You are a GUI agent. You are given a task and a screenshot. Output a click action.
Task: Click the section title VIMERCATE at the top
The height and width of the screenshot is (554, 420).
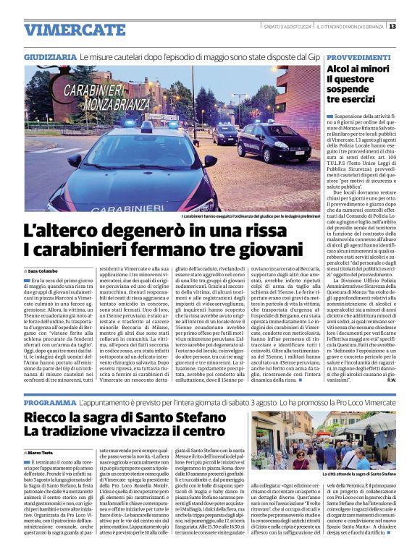click(x=64, y=30)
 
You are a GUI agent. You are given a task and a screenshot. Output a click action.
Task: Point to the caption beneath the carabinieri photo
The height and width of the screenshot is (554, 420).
click(x=250, y=216)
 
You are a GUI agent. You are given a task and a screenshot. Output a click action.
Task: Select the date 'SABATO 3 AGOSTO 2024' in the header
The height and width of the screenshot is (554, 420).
click(x=287, y=27)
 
